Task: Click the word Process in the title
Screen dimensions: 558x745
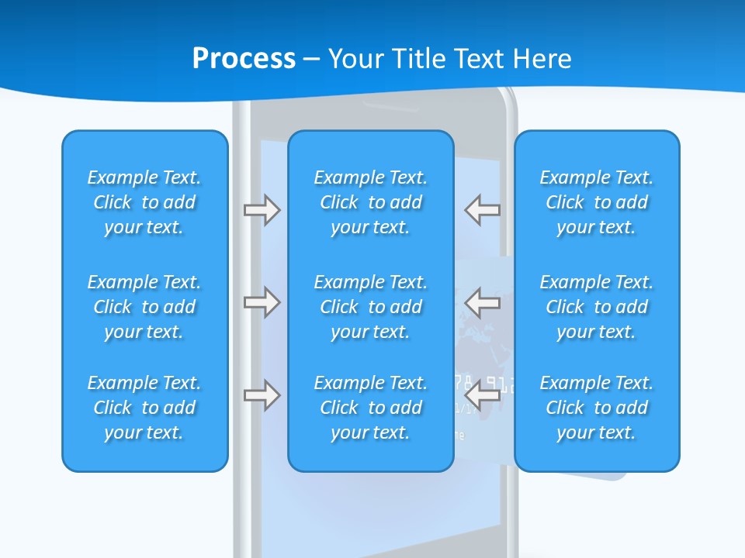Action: pyautogui.click(x=244, y=58)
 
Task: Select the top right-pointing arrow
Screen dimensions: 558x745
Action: pyautogui.click(x=262, y=210)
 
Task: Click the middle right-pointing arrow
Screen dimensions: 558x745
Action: pyautogui.click(x=262, y=301)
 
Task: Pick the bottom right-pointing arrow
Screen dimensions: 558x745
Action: pyautogui.click(x=262, y=395)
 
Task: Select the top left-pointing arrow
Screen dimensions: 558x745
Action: pyautogui.click(x=483, y=210)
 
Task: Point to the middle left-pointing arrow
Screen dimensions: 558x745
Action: pyautogui.click(x=483, y=301)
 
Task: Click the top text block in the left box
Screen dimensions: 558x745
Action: pyautogui.click(x=144, y=202)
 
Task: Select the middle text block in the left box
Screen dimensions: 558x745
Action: pyautogui.click(x=144, y=307)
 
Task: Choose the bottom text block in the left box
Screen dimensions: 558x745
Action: pyautogui.click(x=144, y=408)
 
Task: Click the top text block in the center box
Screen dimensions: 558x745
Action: pyautogui.click(x=371, y=202)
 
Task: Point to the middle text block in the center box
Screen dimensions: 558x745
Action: pyautogui.click(x=371, y=307)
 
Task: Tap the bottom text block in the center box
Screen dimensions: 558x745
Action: pyautogui.click(x=371, y=408)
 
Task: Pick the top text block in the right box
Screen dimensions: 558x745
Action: pyautogui.click(x=597, y=202)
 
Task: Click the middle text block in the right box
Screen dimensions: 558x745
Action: pyautogui.click(x=597, y=307)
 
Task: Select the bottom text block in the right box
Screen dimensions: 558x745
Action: pyautogui.click(x=597, y=408)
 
